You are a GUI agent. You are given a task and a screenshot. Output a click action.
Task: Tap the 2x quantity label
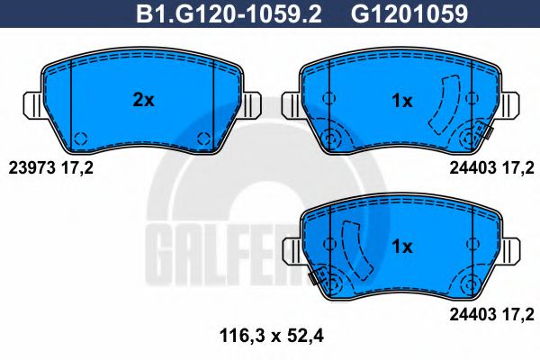coord(143,101)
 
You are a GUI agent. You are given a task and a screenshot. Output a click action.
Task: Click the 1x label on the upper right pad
coord(401,101)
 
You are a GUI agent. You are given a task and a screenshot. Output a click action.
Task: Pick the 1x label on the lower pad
coord(401,246)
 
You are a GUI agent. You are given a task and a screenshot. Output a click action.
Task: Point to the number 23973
coord(29,166)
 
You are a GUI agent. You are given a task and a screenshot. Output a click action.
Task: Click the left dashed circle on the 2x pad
coord(79,139)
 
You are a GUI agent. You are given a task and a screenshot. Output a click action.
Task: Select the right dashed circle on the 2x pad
coord(203,139)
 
